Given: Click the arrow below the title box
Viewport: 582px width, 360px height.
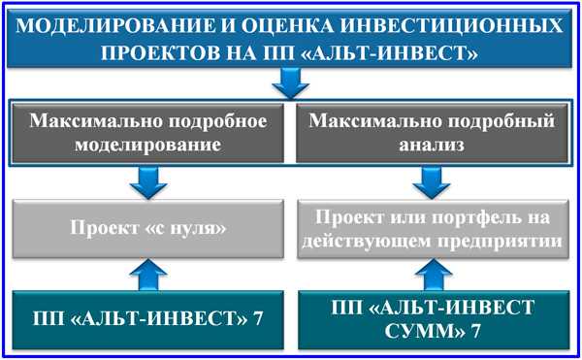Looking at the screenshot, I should [289, 87].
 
